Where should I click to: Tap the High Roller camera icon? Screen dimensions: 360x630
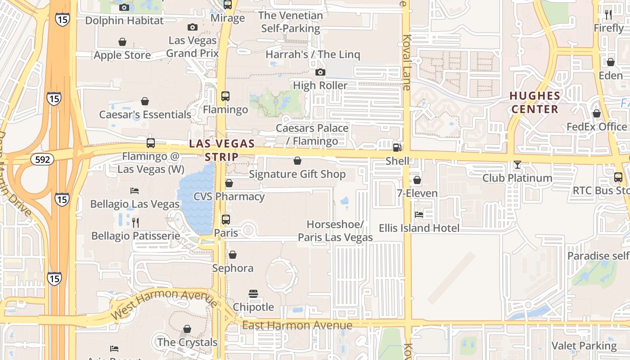click(320, 72)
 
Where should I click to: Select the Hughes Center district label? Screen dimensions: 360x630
click(535, 103)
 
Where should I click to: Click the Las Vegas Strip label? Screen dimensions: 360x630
click(222, 150)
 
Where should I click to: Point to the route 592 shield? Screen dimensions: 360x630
click(42, 159)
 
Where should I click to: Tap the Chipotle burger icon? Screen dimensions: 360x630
click(253, 294)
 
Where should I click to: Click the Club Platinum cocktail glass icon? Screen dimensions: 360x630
click(517, 165)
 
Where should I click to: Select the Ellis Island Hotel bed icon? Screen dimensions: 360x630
click(419, 214)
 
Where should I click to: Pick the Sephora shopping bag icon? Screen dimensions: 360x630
click(233, 255)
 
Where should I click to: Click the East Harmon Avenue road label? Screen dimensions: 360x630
click(297, 325)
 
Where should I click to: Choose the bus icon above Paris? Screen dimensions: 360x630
click(226, 220)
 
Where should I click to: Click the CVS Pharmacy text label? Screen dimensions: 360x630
click(229, 197)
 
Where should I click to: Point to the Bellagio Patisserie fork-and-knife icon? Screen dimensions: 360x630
click(135, 222)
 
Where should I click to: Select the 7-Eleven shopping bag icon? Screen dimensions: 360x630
click(417, 180)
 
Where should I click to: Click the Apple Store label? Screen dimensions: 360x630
click(122, 55)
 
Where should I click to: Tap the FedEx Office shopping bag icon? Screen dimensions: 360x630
click(596, 113)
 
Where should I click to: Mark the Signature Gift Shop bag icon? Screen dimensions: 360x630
click(297, 161)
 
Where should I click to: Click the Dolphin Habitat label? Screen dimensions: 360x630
click(124, 20)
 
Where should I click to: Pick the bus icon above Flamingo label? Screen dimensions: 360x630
click(225, 96)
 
